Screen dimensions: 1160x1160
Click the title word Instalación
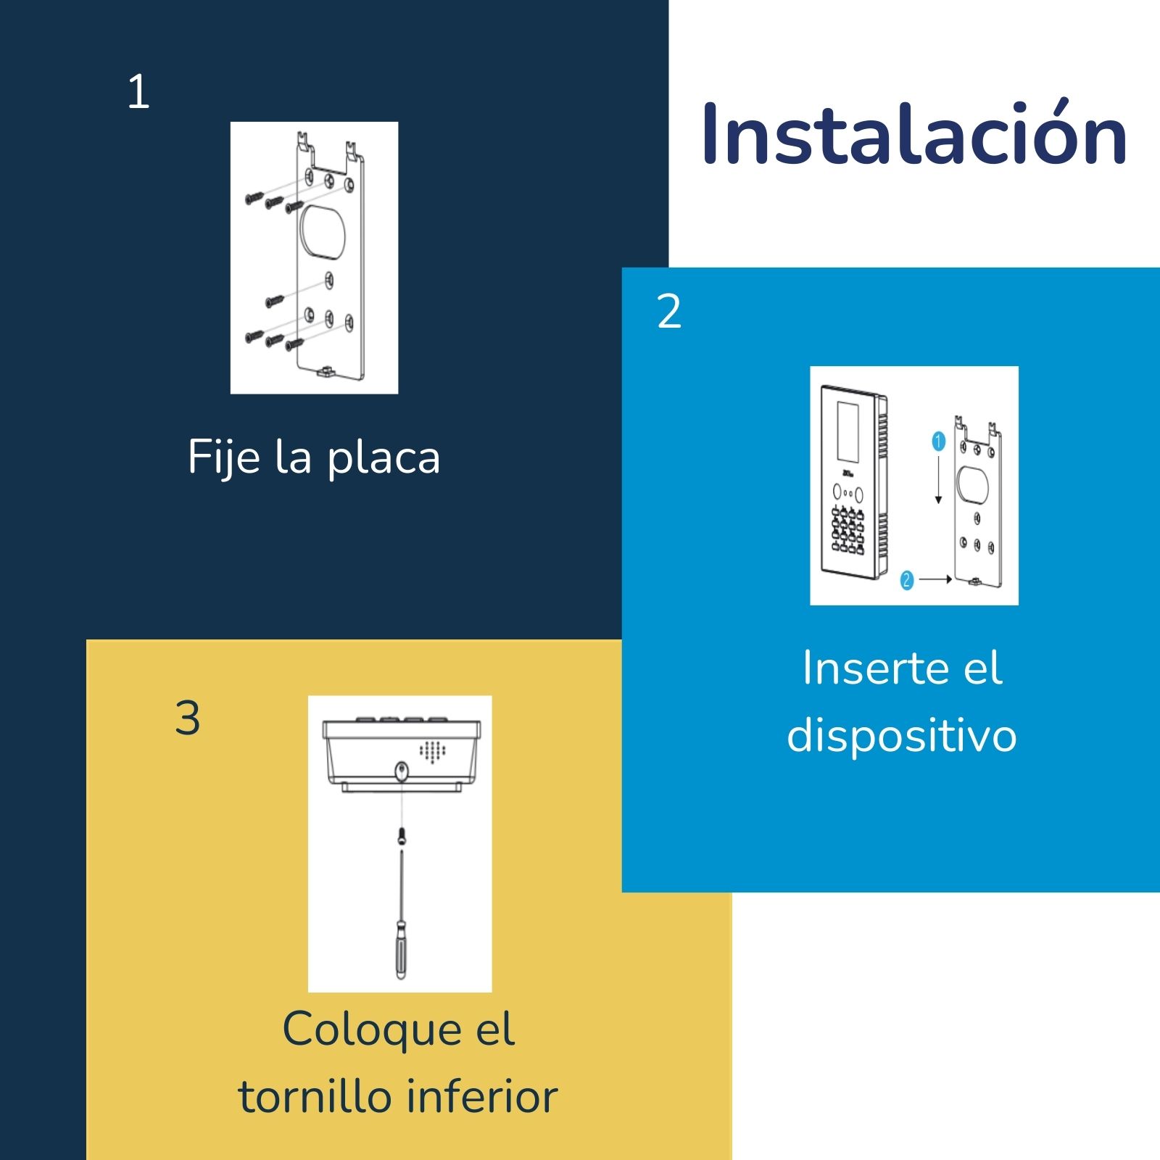tap(913, 134)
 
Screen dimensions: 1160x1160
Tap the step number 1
tap(138, 92)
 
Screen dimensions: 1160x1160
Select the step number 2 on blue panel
tap(668, 312)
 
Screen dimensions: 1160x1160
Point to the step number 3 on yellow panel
tap(188, 718)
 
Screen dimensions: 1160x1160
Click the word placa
tap(384, 458)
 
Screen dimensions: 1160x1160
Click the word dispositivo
tap(901, 735)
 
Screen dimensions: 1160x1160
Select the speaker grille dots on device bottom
tap(432, 751)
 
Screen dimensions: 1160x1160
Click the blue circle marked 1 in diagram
tap(938, 442)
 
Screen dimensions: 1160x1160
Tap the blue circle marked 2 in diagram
tap(906, 580)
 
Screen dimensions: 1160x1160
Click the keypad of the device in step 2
tap(847, 531)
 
